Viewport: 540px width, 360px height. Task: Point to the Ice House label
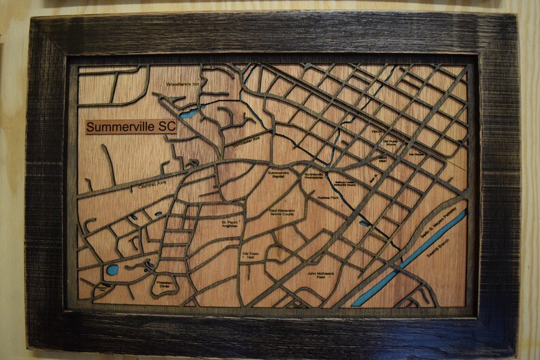point(416,154)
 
